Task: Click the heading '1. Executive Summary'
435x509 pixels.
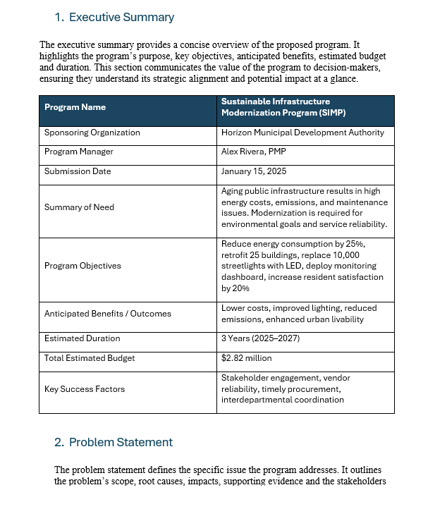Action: pyautogui.click(x=114, y=18)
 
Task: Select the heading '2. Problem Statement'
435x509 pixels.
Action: pyautogui.click(x=113, y=442)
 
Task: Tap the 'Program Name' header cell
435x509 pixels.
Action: pyautogui.click(x=75, y=107)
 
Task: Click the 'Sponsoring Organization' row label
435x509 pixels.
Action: pyautogui.click(x=92, y=133)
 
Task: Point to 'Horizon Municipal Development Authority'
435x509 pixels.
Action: pyautogui.click(x=302, y=133)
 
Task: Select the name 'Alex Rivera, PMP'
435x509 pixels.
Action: pyautogui.click(x=254, y=152)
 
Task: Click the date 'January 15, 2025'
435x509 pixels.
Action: pyautogui.click(x=254, y=171)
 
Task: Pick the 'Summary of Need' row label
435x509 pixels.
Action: pyautogui.click(x=79, y=207)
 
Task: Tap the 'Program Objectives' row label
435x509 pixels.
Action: pyautogui.click(x=82, y=266)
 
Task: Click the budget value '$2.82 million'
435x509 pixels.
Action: pyautogui.click(x=246, y=358)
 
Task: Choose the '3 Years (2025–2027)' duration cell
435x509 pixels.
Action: pyautogui.click(x=260, y=338)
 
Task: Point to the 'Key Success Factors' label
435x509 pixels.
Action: pyautogui.click(x=84, y=389)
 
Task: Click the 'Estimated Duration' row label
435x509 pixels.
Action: pyautogui.click(x=82, y=338)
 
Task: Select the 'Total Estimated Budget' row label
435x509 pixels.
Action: pyautogui.click(x=90, y=358)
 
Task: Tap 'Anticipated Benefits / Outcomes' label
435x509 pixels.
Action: pyautogui.click(x=107, y=314)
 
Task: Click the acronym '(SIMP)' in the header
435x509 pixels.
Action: pyautogui.click(x=330, y=113)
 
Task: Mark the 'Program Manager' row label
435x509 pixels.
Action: pyautogui.click(x=78, y=152)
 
